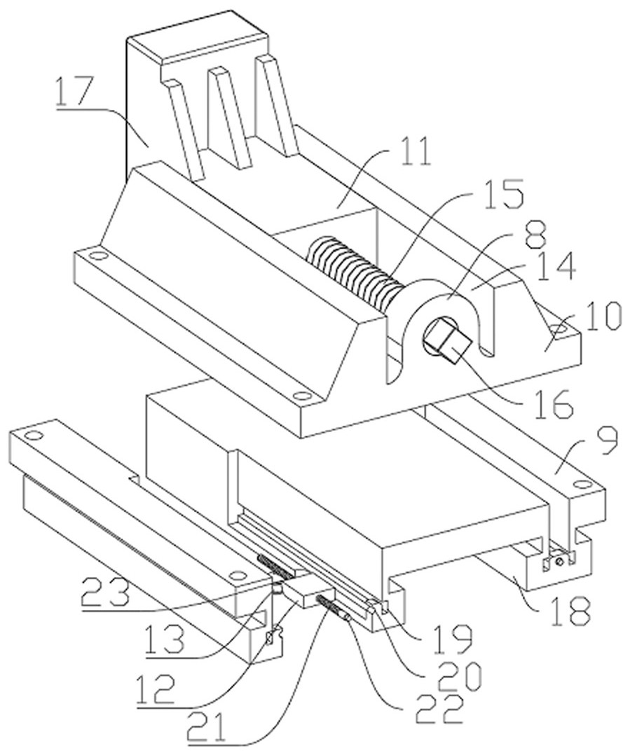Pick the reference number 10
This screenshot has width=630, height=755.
tap(601, 316)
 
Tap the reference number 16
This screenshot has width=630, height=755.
tap(552, 406)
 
